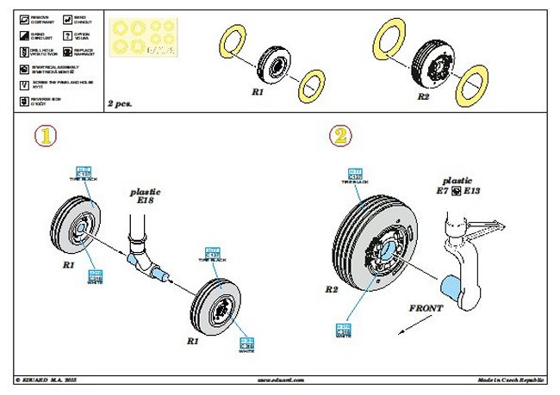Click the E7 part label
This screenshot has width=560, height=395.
pos(445,190)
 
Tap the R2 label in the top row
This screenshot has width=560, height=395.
pos(423,97)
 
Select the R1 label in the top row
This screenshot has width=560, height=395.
pos(258,89)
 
